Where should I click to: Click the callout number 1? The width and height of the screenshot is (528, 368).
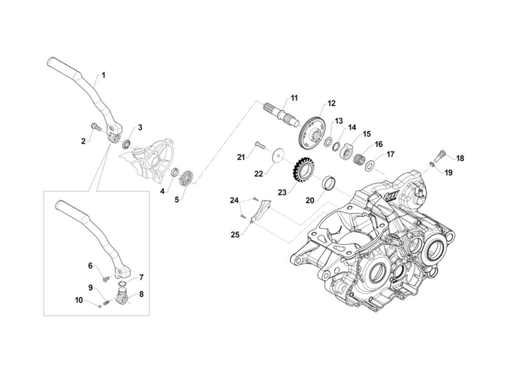pyautogui.click(x=103, y=75)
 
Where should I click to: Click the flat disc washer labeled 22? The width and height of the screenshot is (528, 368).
pyautogui.click(x=277, y=156)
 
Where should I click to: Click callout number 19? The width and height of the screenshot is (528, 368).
pyautogui.click(x=448, y=173)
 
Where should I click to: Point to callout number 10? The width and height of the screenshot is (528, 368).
pyautogui.click(x=79, y=300)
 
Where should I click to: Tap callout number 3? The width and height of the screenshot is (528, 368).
pyautogui.click(x=140, y=128)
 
